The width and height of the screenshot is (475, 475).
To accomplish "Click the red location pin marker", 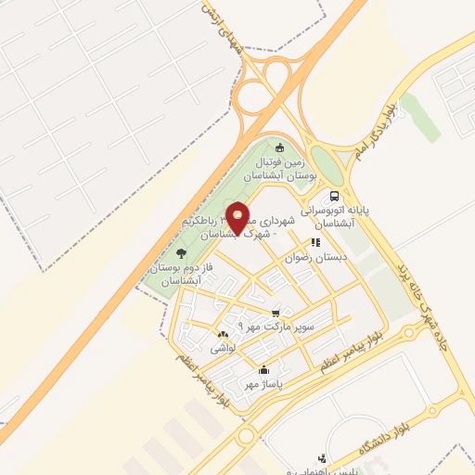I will tap(238, 217).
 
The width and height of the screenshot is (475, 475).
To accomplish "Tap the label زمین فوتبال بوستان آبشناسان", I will tap(280, 168).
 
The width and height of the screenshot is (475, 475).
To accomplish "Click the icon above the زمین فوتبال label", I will tap(281, 146).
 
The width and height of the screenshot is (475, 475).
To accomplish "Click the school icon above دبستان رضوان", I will tap(315, 243).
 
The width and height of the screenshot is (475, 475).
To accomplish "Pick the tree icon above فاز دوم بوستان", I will tap(180, 253).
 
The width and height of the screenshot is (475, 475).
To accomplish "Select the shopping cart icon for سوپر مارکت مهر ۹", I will tap(276, 314).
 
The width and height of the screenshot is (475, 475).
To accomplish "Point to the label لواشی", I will tap(223, 348).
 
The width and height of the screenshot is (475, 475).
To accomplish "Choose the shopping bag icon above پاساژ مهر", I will tap(263, 370).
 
